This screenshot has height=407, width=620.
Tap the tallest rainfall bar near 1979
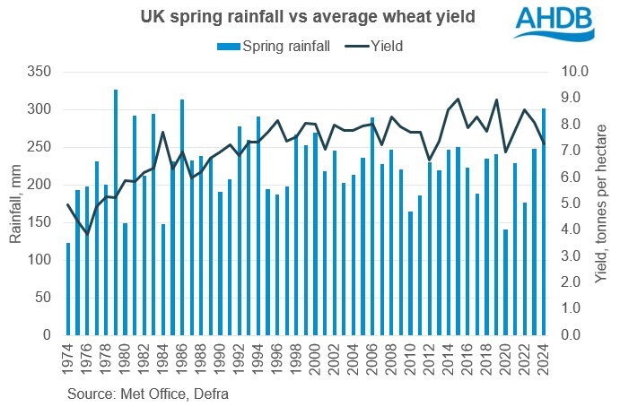click(x=116, y=212)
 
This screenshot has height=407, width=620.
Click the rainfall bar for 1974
click(x=67, y=289)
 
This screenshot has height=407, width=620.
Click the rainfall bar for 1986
click(x=183, y=217)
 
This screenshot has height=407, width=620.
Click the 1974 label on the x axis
click(x=68, y=359)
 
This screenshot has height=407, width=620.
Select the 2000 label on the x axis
click(x=315, y=359)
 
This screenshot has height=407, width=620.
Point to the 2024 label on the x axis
click(x=544, y=359)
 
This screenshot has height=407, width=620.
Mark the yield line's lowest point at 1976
click(x=87, y=234)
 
